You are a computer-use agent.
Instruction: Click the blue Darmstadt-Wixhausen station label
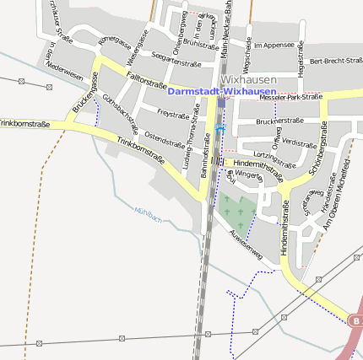(221, 91)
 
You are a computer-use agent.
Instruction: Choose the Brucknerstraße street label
(279, 121)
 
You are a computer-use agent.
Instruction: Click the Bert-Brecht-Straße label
(335, 62)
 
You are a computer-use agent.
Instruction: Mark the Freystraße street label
(173, 113)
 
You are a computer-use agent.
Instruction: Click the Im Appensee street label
(274, 44)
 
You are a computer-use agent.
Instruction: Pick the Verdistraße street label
(300, 143)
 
